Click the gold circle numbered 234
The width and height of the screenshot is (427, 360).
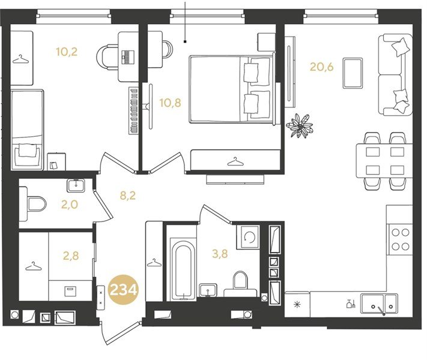[123, 290]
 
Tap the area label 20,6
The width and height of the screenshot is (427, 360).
[322, 67]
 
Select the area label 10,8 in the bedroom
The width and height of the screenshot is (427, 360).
[170, 103]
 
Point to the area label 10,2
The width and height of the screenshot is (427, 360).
[67, 52]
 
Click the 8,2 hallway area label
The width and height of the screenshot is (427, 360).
[128, 196]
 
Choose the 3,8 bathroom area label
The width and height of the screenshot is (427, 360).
[220, 254]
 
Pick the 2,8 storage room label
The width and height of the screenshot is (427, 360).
[71, 256]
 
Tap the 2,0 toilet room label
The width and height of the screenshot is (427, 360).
[70, 205]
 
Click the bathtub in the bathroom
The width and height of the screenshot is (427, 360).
[183, 269]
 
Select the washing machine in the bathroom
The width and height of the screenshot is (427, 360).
[247, 237]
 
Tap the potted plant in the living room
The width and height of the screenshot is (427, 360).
[300, 126]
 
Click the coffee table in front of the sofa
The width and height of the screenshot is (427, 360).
[353, 73]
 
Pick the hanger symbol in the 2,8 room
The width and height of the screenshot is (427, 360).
[34, 266]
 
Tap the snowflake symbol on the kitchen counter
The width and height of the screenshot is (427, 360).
[297, 304]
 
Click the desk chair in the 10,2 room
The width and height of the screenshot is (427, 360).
[108, 58]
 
